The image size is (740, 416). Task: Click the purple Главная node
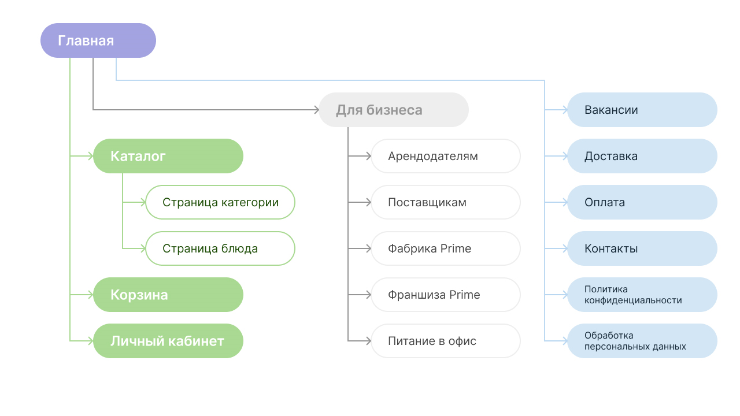pyautogui.click(x=98, y=40)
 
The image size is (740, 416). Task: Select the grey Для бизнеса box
pyautogui.click(x=393, y=110)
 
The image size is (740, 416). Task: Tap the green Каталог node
pyautogui.click(x=168, y=156)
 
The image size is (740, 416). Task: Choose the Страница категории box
pyautogui.click(x=220, y=202)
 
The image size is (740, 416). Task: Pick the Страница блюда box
pyautogui.click(x=220, y=248)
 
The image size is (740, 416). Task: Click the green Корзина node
pyautogui.click(x=168, y=295)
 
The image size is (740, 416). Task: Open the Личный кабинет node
pyautogui.click(x=168, y=341)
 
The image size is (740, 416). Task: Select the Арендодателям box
pyautogui.click(x=446, y=156)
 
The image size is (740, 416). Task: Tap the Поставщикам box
pyautogui.click(x=446, y=202)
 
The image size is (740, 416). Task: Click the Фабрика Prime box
pyautogui.click(x=446, y=248)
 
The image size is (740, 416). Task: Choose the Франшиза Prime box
pyautogui.click(x=446, y=295)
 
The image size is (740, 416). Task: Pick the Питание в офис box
pyautogui.click(x=446, y=341)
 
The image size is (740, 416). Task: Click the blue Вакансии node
pyautogui.click(x=642, y=110)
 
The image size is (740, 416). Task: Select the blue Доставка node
pyautogui.click(x=642, y=156)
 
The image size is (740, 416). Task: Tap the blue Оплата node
pyautogui.click(x=642, y=202)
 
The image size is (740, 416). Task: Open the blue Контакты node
pyautogui.click(x=642, y=248)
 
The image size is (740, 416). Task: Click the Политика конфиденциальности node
pyautogui.click(x=642, y=295)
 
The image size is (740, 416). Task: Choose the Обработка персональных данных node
pyautogui.click(x=642, y=341)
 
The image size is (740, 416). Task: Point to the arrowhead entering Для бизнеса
pyautogui.click(x=316, y=110)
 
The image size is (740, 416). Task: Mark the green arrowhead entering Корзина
pyautogui.click(x=90, y=295)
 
